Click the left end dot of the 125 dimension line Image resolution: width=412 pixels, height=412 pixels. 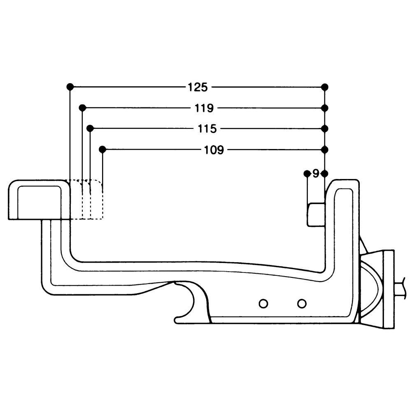70,87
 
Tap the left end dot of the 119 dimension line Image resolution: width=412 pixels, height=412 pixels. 82,107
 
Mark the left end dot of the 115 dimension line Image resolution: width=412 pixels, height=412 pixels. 90,128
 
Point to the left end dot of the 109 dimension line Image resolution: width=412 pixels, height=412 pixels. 102,149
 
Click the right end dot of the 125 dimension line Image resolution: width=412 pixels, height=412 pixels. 325,87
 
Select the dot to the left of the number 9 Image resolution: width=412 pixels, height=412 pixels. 307,173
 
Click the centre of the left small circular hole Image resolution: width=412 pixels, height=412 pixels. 263,304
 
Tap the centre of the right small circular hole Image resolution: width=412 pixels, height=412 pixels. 302,304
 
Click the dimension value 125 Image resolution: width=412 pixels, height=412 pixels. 198,87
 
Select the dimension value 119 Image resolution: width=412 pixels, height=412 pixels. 204,108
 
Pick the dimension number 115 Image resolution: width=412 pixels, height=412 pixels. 207,129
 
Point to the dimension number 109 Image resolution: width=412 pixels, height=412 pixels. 214,150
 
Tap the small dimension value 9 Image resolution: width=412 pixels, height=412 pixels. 316,174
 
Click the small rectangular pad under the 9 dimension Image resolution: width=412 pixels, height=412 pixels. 317,214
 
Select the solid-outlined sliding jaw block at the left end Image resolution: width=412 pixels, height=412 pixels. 40,200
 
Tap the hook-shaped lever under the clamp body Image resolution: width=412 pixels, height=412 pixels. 192,302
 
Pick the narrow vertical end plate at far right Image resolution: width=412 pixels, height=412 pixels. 389,289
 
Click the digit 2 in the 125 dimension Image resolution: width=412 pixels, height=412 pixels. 198,87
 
